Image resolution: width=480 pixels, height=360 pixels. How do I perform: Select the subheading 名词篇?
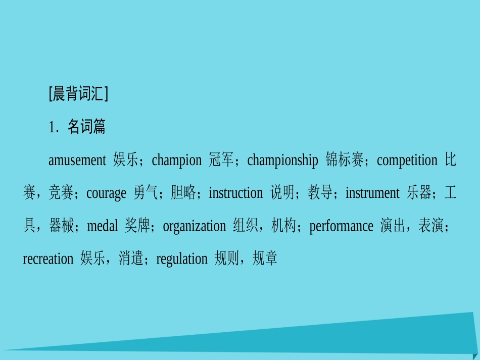coord(86,127)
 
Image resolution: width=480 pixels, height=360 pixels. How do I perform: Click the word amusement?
coord(77,161)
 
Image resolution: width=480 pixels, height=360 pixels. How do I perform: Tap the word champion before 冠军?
coord(176,161)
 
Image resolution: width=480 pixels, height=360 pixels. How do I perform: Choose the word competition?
coord(407,161)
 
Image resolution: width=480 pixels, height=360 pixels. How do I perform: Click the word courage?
coord(106,193)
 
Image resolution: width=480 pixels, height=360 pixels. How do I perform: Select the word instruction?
coord(235,193)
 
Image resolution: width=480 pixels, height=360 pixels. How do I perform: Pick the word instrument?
coord(372,193)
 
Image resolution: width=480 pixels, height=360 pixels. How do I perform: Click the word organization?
coord(194,226)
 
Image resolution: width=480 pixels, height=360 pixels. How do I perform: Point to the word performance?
coord(341,226)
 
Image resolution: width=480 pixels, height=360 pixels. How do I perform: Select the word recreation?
coord(48,259)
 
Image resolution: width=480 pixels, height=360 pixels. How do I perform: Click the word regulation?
coord(182,259)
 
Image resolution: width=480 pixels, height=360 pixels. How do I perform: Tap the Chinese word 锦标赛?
coord(345,161)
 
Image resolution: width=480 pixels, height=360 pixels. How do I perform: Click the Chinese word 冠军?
coord(221,161)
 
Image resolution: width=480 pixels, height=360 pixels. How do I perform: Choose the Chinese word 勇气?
coord(146,193)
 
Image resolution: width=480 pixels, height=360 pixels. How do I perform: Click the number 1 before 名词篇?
coord(51,128)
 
